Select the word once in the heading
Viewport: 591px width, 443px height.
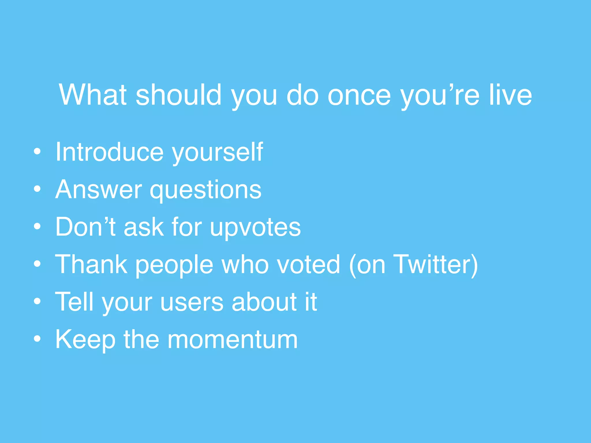(359, 95)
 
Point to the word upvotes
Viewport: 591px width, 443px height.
(255, 228)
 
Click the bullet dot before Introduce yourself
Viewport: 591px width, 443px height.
(37, 152)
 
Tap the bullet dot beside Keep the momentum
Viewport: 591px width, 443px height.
(37, 339)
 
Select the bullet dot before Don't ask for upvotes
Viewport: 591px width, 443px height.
(37, 227)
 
